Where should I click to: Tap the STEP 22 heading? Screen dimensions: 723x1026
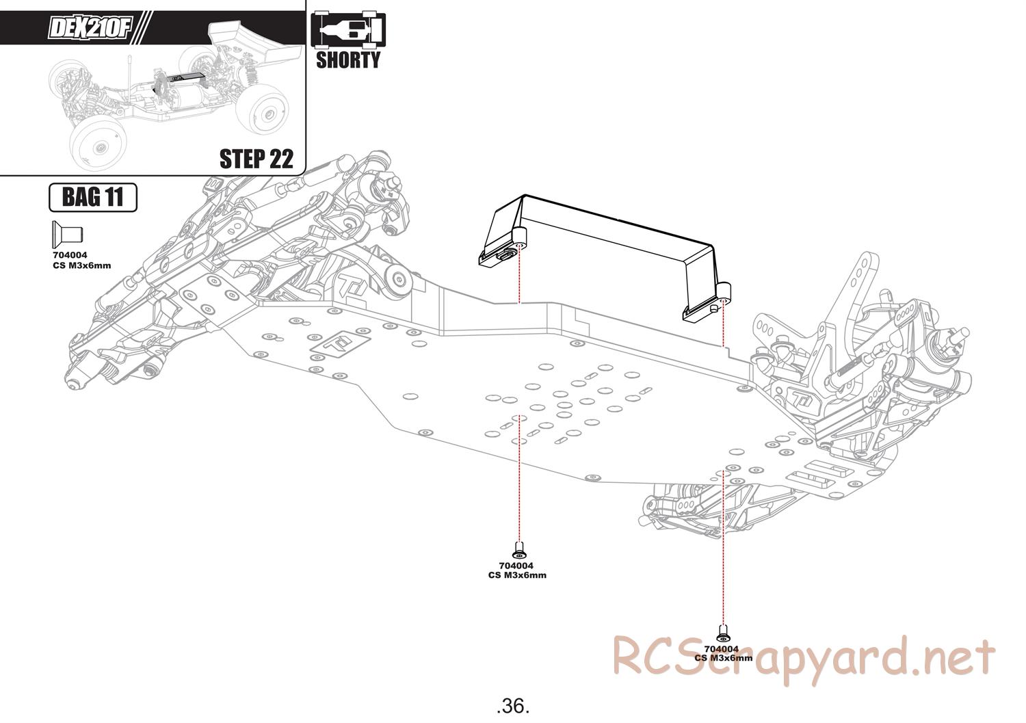point(256,159)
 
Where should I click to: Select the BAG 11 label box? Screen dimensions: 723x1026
point(93,198)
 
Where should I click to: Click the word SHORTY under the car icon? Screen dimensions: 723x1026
point(347,60)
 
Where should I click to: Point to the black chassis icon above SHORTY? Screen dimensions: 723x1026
point(347,30)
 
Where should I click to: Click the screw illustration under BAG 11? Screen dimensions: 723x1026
point(66,234)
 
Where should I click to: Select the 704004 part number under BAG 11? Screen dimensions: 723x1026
point(70,256)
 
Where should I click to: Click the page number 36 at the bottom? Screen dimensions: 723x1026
point(513,705)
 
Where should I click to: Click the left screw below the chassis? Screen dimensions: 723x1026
point(519,548)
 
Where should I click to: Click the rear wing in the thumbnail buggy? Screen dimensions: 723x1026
point(256,42)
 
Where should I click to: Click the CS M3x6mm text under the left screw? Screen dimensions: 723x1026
point(517,575)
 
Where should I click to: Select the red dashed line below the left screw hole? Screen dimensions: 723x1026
point(519,479)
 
